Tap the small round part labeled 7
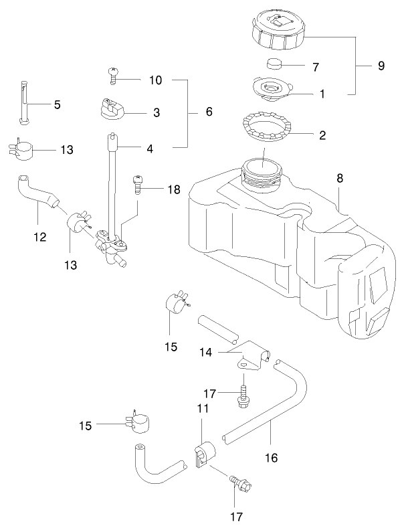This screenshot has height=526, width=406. click(x=275, y=65)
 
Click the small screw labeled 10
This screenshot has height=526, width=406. click(x=114, y=76)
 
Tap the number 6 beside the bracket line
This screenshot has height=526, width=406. click(x=209, y=112)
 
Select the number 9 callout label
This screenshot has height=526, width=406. click(x=381, y=66)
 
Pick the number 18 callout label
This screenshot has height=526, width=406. click(x=174, y=190)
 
